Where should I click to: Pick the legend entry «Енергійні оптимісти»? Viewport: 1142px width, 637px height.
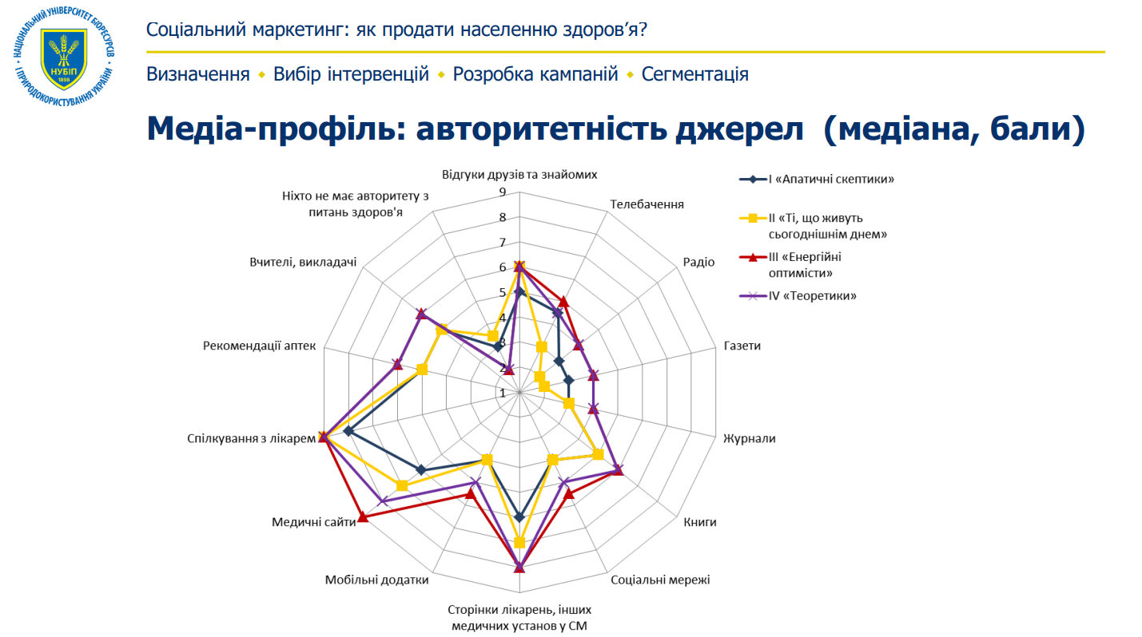[807, 264]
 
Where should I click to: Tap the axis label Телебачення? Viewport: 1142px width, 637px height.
[647, 204]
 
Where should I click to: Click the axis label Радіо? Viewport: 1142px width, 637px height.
[698, 263]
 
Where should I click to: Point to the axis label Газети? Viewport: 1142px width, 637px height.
[742, 346]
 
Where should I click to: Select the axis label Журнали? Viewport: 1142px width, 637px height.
[749, 438]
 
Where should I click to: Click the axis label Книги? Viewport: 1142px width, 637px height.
[700, 522]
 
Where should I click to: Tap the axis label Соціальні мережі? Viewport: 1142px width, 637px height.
[659, 580]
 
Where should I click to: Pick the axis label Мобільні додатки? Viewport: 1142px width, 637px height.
[376, 580]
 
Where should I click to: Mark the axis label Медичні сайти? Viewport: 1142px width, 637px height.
[313, 522]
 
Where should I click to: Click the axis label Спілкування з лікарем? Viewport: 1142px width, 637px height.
[246, 437]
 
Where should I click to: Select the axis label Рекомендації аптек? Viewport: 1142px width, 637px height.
[260, 346]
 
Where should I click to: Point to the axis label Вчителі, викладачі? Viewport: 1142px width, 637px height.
[302, 263]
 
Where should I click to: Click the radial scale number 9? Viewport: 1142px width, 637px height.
[502, 192]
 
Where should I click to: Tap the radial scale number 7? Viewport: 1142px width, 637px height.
[502, 243]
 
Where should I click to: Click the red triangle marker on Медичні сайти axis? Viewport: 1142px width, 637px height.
[363, 517]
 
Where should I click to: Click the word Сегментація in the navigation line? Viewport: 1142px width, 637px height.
[694, 75]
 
